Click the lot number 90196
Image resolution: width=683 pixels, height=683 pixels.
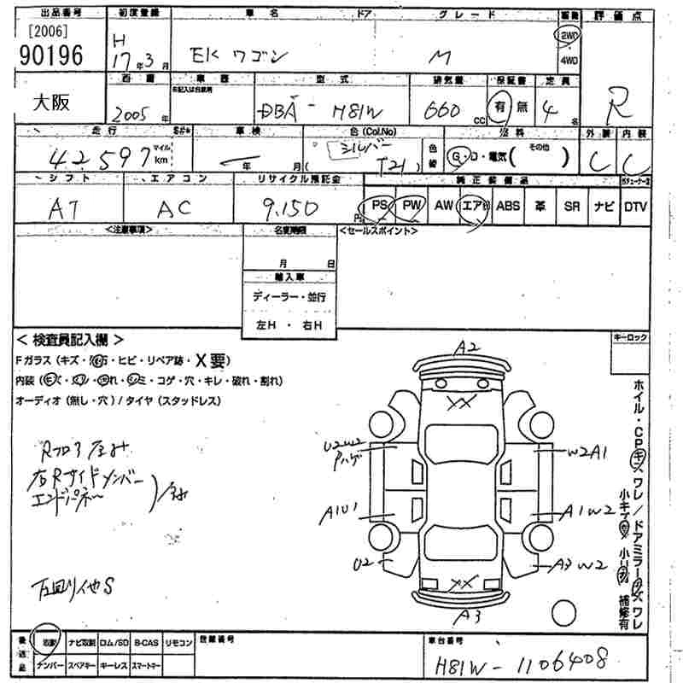(50, 56)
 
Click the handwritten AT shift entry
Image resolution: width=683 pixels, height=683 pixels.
(65, 207)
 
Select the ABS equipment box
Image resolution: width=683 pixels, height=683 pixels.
(508, 206)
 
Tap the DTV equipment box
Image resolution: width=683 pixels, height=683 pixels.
(635, 206)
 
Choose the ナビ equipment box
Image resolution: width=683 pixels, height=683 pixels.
(604, 206)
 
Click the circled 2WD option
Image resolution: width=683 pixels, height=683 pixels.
(567, 34)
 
